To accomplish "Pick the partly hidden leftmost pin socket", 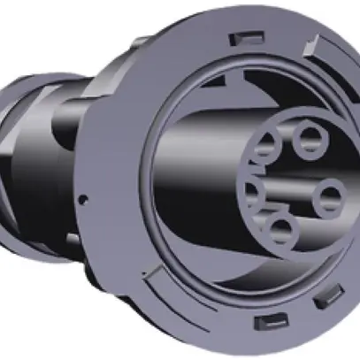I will point(252,193).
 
